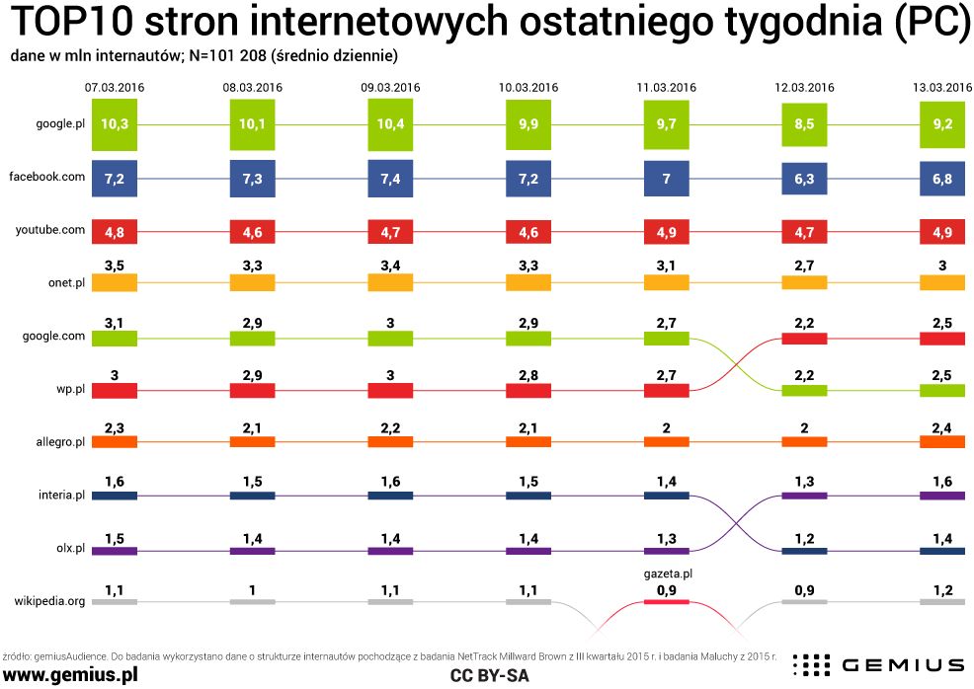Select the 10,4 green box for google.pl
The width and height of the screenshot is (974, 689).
pyautogui.click(x=390, y=125)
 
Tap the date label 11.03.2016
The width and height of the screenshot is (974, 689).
pyautogui.click(x=667, y=87)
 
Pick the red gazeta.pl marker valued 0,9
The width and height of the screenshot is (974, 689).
pyautogui.click(x=667, y=601)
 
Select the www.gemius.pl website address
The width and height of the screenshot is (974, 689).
pyautogui.click(x=70, y=673)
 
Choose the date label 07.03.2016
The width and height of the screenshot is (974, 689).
pyautogui.click(x=114, y=87)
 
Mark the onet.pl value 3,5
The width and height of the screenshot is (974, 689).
pyautogui.click(x=114, y=265)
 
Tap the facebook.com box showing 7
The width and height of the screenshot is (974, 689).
pyautogui.click(x=667, y=179)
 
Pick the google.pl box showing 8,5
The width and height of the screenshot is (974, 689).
pyautogui.click(x=804, y=125)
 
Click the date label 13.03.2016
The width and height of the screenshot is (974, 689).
pyautogui.click(x=941, y=87)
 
